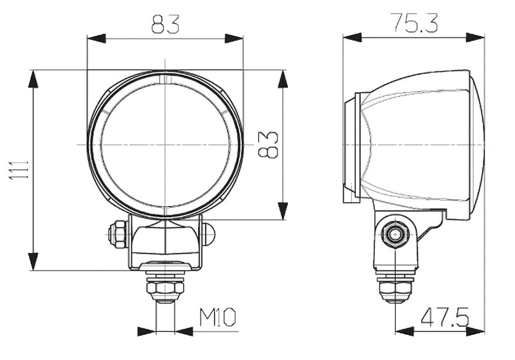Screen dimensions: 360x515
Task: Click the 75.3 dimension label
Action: (414, 23)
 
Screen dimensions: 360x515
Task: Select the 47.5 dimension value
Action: (444, 317)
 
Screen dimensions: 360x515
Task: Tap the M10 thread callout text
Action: (218, 317)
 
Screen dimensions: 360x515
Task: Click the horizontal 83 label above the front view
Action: (165, 24)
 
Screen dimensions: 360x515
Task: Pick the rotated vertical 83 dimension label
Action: (269, 144)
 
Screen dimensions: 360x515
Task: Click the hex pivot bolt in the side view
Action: (393, 235)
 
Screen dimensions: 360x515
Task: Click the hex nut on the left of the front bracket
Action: (118, 233)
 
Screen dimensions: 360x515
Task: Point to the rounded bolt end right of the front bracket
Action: (208, 234)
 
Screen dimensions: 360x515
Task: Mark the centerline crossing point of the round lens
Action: (165, 144)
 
